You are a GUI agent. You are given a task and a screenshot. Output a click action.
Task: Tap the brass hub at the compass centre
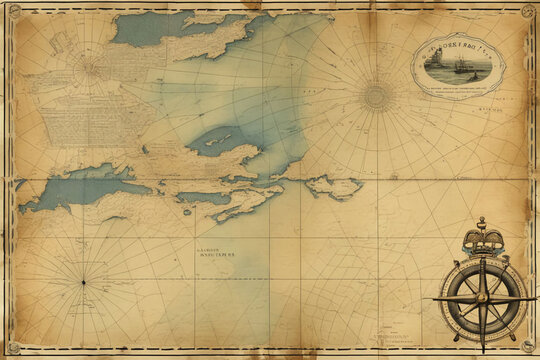point(483,298)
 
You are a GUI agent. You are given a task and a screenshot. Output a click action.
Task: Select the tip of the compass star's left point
point(434,298)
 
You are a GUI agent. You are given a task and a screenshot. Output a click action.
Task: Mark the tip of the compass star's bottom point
point(483,351)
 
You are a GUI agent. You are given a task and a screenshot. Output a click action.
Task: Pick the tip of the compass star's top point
point(483,256)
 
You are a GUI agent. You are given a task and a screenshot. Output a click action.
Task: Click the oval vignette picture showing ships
point(459,67)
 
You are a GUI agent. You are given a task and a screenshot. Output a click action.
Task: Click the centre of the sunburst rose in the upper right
point(376,96)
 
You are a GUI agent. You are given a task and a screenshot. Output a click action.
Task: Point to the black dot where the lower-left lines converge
point(83,282)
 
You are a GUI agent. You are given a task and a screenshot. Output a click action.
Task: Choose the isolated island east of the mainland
point(334,186)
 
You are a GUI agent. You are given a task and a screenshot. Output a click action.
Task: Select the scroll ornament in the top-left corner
point(13,11)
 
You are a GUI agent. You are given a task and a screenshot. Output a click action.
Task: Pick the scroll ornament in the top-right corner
point(527,11)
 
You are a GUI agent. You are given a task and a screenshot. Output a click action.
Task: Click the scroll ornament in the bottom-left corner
point(13,349)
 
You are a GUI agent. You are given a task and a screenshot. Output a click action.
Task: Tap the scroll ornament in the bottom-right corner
point(527,349)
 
